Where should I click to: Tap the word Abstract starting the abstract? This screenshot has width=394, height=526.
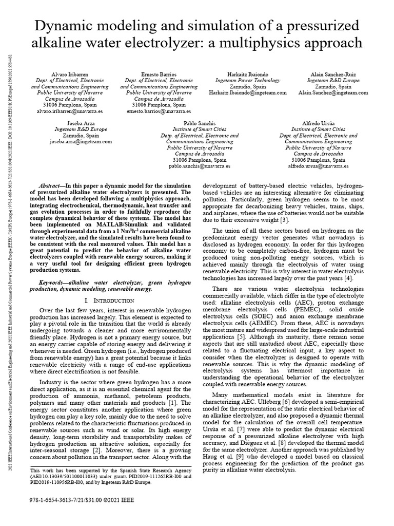[53, 185]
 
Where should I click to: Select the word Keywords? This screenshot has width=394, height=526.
[54, 283]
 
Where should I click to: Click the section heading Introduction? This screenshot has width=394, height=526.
[109, 299]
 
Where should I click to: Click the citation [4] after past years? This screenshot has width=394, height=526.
[348, 278]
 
